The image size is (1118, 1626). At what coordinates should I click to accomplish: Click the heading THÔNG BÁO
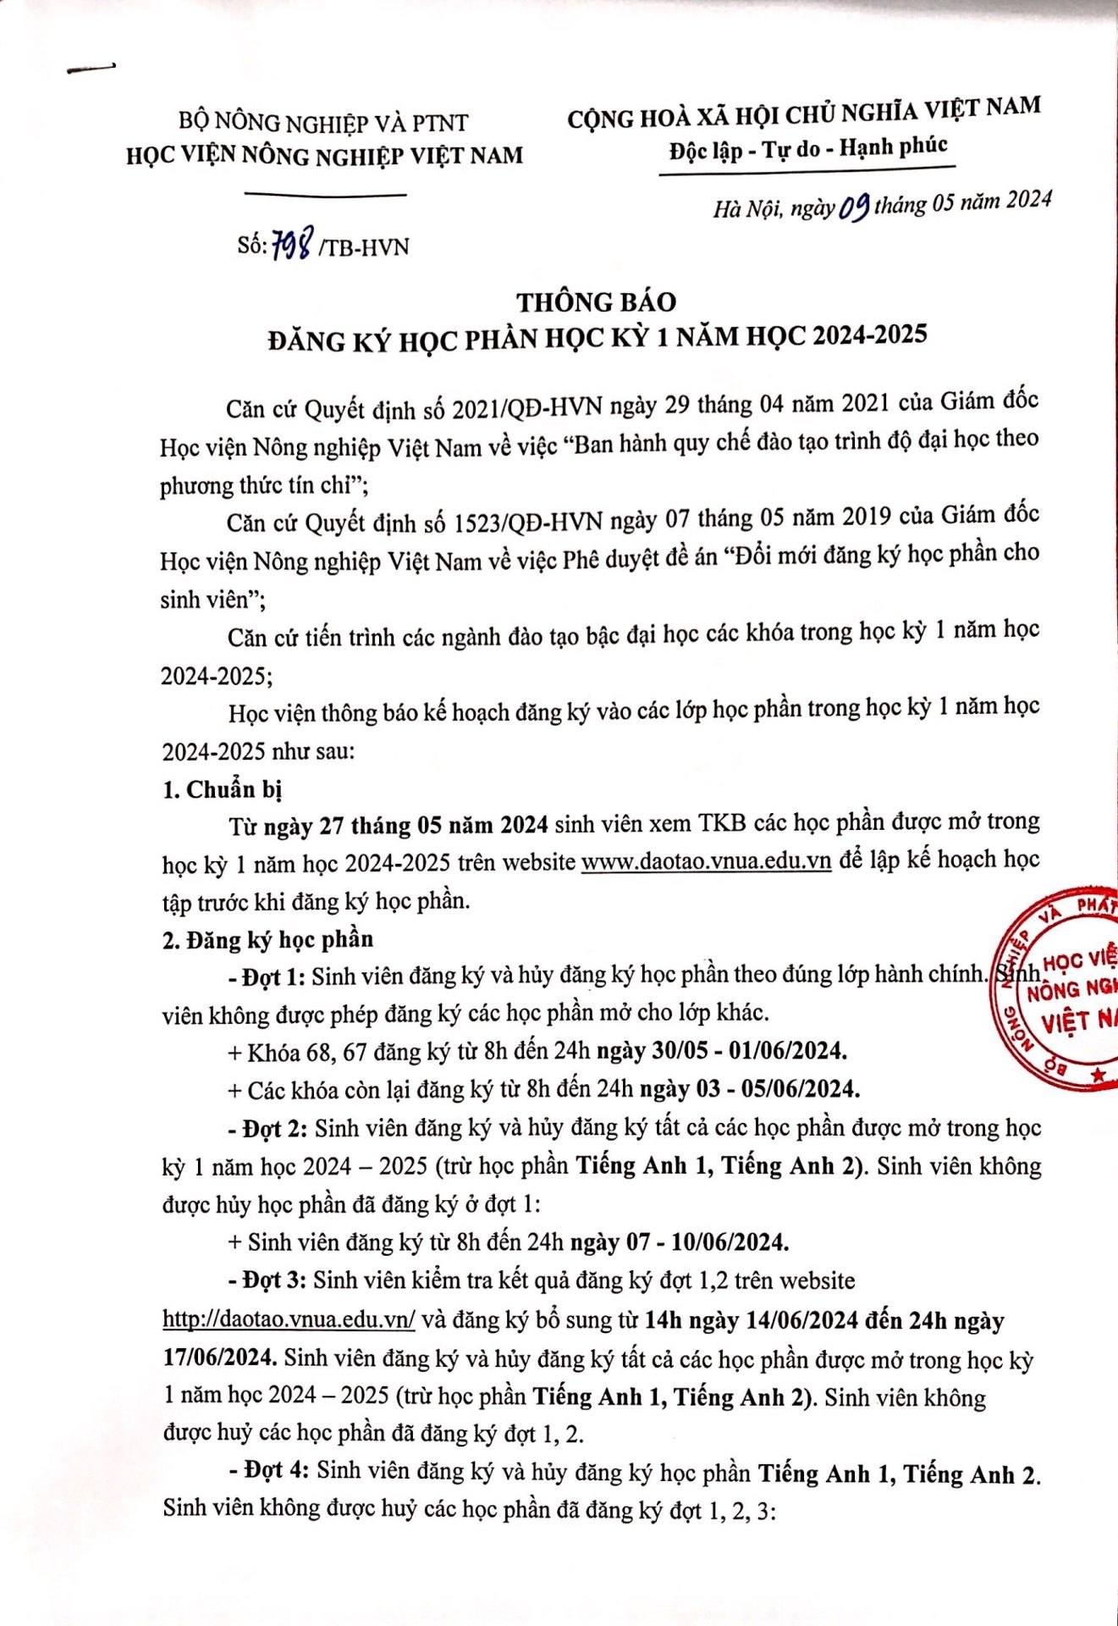click(597, 302)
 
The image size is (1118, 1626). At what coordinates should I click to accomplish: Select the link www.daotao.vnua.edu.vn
click(707, 861)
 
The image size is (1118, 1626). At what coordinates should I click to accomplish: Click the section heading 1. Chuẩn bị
click(222, 789)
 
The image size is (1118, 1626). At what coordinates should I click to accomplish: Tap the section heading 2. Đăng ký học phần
click(267, 939)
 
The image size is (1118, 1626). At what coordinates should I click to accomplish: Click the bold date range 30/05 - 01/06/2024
click(749, 1051)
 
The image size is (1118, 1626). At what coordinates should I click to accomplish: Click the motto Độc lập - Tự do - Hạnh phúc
click(807, 149)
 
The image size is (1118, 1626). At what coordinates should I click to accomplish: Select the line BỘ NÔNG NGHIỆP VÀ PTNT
click(323, 124)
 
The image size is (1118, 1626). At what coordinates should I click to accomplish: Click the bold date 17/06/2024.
click(219, 1358)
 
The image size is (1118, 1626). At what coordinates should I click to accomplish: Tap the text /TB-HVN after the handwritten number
click(365, 247)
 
